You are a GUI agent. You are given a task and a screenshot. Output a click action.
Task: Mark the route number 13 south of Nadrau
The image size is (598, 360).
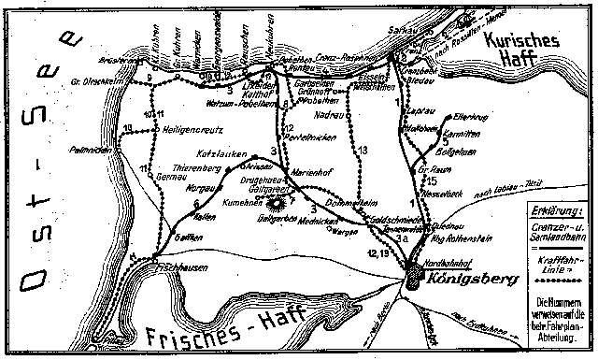pos(363,150)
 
